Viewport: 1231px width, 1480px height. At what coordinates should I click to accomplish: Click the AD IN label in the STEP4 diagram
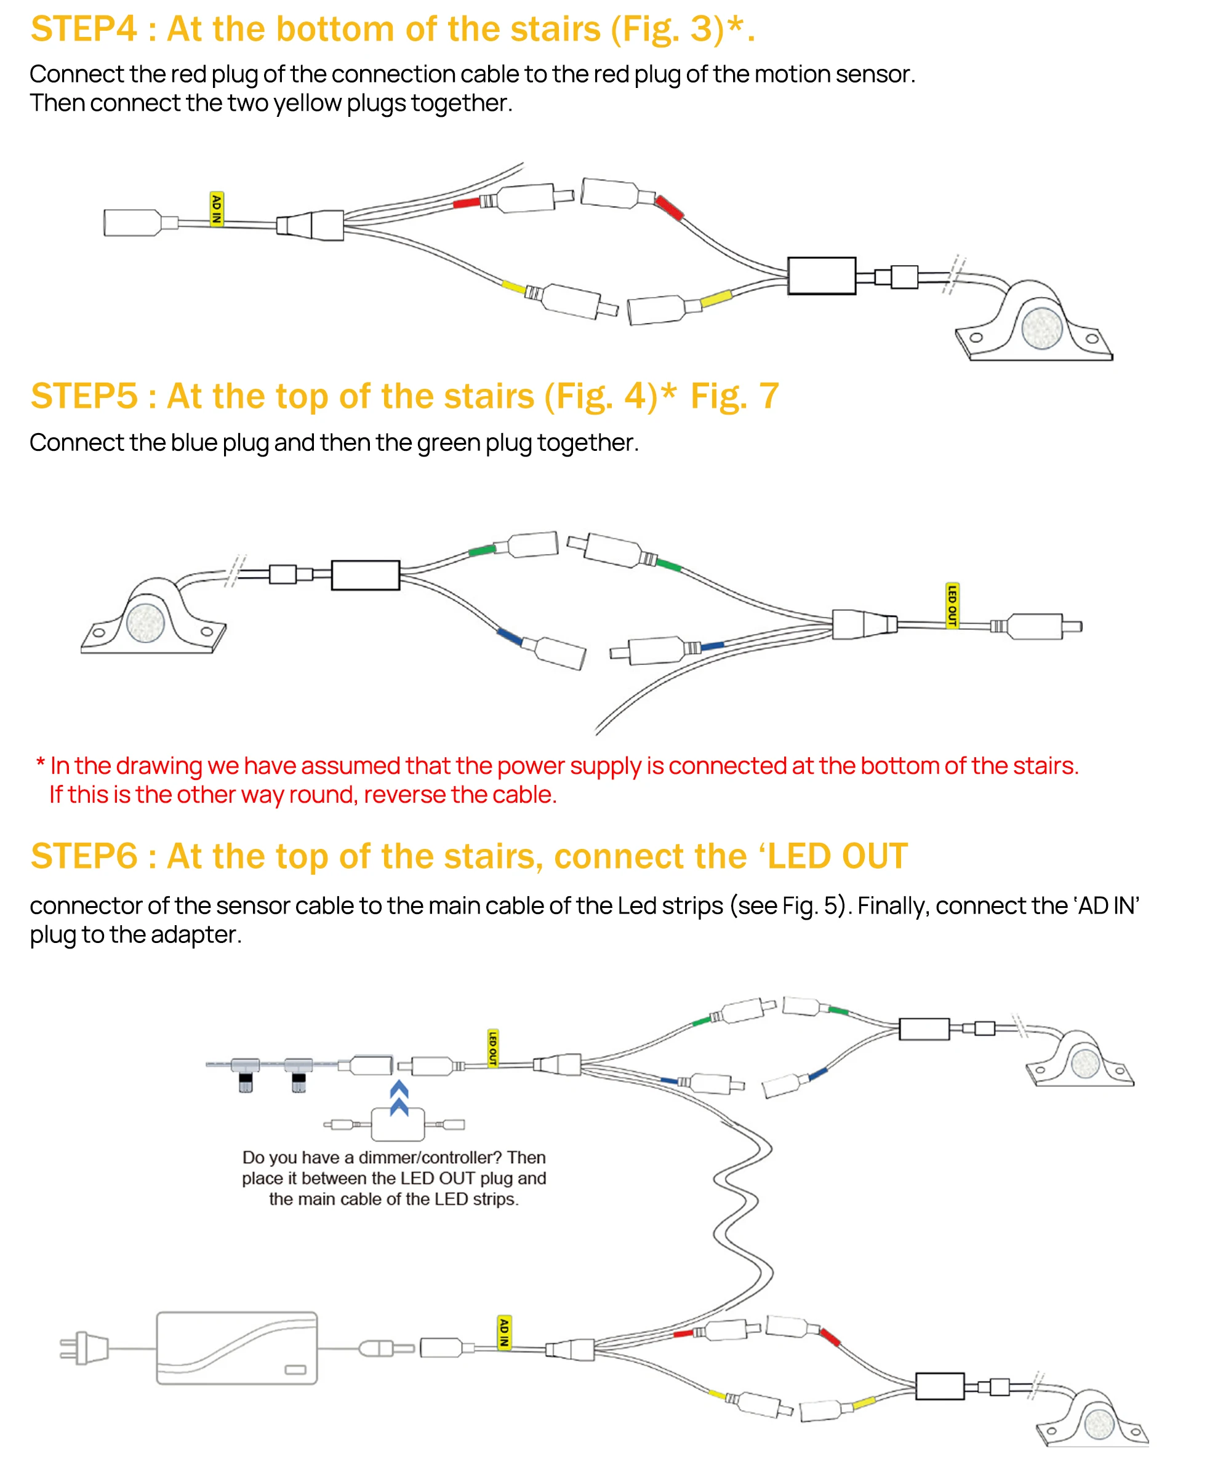pyautogui.click(x=217, y=209)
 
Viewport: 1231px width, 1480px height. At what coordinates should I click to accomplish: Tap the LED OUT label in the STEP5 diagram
pyautogui.click(x=952, y=605)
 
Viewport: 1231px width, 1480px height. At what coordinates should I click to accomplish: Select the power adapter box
pyautogui.click(x=236, y=1348)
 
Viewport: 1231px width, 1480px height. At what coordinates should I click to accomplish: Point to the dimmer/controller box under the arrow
pyautogui.click(x=398, y=1124)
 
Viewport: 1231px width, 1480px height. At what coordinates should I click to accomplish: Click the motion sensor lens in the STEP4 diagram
pyautogui.click(x=1042, y=328)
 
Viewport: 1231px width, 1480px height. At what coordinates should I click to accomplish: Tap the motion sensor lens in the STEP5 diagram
pyautogui.click(x=145, y=623)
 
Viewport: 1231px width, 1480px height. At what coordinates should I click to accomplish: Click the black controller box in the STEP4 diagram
pyautogui.click(x=821, y=276)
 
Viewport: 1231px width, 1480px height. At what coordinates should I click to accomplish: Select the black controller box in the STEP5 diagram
pyautogui.click(x=365, y=575)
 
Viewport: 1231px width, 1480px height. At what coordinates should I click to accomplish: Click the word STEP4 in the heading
pyautogui.click(x=84, y=30)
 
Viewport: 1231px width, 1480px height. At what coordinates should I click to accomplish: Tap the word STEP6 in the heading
pyautogui.click(x=84, y=856)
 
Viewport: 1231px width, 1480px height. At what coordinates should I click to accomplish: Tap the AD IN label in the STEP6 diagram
pyautogui.click(x=504, y=1332)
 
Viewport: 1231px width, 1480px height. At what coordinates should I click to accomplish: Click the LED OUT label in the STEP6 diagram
pyautogui.click(x=493, y=1048)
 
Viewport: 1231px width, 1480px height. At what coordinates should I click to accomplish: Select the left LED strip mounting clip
pyautogui.click(x=244, y=1071)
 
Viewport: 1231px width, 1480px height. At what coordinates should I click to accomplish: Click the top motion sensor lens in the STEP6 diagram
pyautogui.click(x=1085, y=1064)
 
